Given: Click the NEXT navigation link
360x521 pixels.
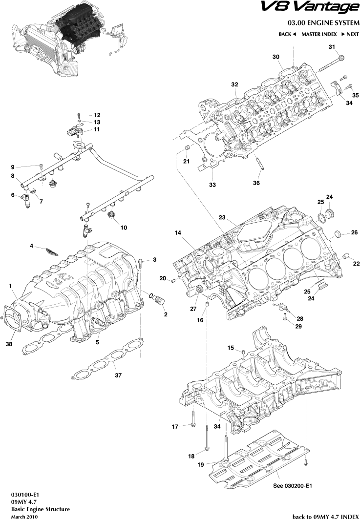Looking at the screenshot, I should pos(350,34).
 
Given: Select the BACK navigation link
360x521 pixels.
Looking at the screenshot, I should pos(287,34).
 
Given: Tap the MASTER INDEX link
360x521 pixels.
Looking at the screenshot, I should pos(319,34).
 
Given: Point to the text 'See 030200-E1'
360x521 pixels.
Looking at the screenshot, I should pos(292,486).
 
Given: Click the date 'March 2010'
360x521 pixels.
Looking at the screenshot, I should pos(24,516).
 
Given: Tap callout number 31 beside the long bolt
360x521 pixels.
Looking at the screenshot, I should pos(332,47).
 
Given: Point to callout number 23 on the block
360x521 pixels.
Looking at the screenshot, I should pos(222,217).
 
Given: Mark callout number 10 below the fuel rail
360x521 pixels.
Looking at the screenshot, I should pos(123,228).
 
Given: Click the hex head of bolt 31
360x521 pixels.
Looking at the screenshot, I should pos(341,58).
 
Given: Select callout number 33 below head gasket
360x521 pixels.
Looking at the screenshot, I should pos(212,185).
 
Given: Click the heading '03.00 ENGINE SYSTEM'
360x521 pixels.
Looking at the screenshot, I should pos(323,23).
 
